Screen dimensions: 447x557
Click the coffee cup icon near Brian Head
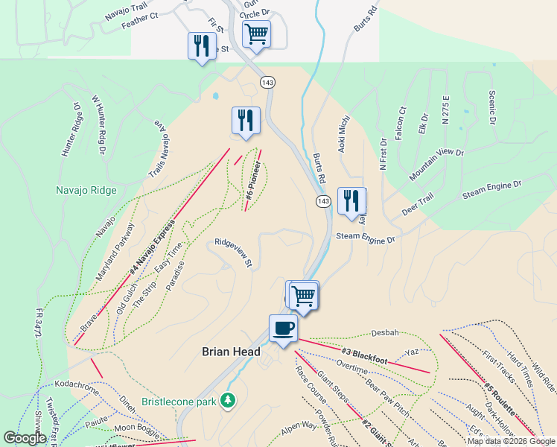pyautogui.click(x=283, y=328)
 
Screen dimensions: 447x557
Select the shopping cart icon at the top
pyautogui.click(x=255, y=33)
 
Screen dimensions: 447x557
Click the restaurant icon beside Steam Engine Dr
pyautogui.click(x=350, y=200)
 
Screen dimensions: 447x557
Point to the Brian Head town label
pyautogui.click(x=232, y=352)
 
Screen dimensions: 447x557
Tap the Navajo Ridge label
pyautogui.click(x=86, y=190)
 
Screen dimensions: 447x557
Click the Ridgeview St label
pyautogui.click(x=234, y=253)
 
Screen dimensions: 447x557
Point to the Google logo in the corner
pyautogui.click(x=25, y=438)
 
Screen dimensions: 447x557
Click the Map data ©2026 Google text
pyautogui.click(x=510, y=441)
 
